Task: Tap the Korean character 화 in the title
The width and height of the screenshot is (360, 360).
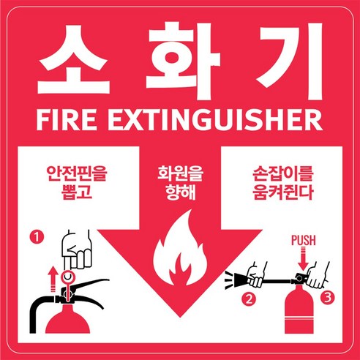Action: tap(184, 61)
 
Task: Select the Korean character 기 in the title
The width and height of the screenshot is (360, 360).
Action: tap(291, 61)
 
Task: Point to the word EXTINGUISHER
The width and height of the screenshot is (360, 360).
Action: tap(215, 120)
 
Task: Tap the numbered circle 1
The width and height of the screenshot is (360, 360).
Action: tap(37, 237)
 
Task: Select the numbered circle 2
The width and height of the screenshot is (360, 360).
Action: tap(249, 299)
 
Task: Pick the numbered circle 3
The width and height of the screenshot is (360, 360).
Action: tap(328, 297)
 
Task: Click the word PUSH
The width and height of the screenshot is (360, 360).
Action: tap(304, 240)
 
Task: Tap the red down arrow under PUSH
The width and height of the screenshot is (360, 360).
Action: tap(303, 259)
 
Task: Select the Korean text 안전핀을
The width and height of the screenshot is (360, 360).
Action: tap(77, 173)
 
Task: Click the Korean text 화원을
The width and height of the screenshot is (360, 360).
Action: tap(180, 173)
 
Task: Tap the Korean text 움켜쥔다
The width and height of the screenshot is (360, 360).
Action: tap(282, 192)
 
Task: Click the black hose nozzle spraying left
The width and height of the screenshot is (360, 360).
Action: tap(238, 280)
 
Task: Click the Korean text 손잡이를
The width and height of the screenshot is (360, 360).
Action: tap(282, 173)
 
